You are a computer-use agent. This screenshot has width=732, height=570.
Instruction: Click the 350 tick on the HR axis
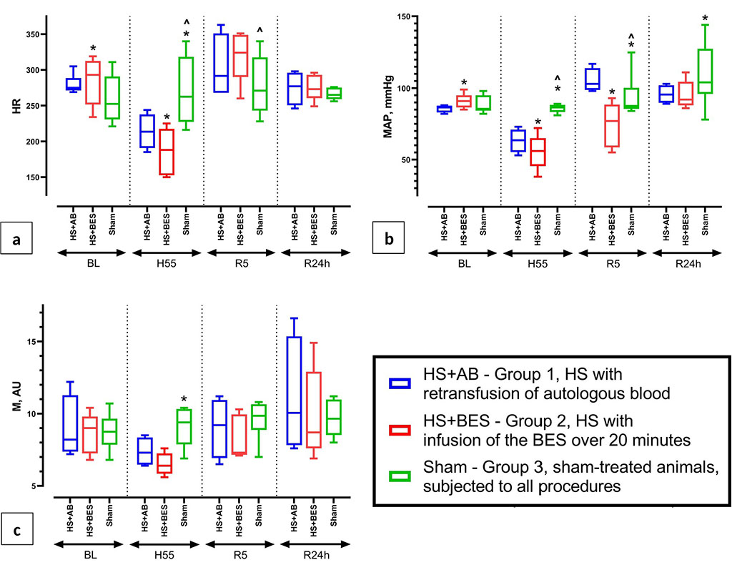tap(31, 34)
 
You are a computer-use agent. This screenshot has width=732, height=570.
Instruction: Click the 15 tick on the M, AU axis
tap(33, 341)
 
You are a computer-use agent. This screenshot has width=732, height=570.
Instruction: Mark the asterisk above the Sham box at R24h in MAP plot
tap(706, 19)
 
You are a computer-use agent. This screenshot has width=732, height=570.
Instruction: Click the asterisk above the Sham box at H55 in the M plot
tap(184, 400)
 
